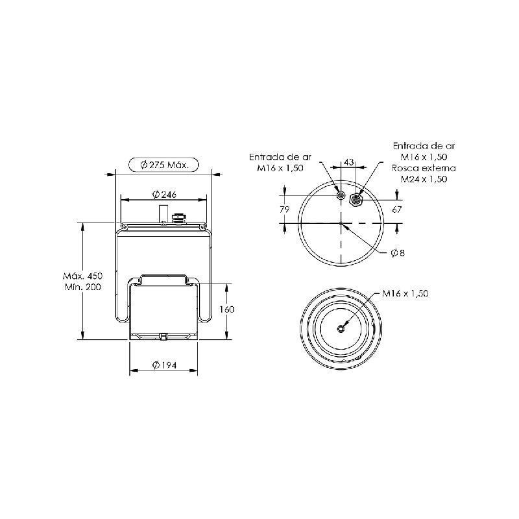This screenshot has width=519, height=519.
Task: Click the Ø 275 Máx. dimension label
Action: (x=164, y=165)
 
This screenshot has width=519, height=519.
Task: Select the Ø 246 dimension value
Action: (x=164, y=194)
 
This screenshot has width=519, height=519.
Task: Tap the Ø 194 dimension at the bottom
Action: (x=164, y=365)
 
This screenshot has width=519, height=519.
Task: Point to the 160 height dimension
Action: (x=227, y=309)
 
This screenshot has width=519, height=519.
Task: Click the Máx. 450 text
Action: (x=83, y=276)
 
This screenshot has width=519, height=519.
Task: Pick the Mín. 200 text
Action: (x=83, y=287)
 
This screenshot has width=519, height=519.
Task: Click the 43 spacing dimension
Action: (x=349, y=162)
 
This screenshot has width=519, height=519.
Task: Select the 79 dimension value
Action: (x=285, y=210)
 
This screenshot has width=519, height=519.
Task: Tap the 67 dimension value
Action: (x=396, y=210)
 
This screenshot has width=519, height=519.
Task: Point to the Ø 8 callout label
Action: (x=398, y=253)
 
